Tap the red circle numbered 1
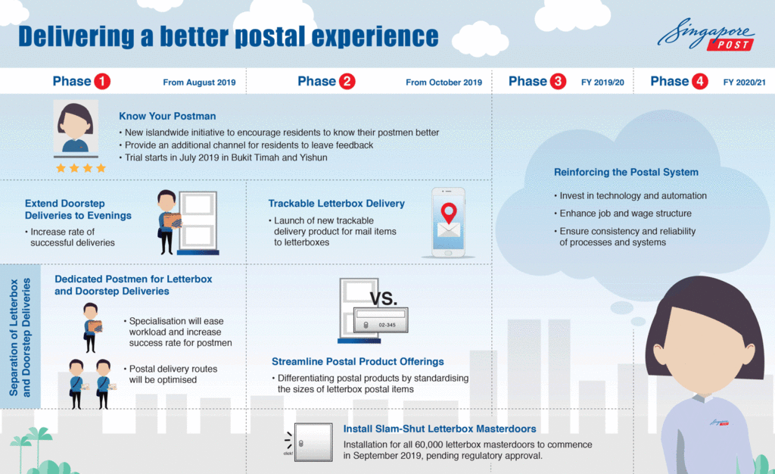[x=101, y=82]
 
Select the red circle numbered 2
[x=347, y=82]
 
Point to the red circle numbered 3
[x=558, y=82]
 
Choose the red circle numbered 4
[x=700, y=82]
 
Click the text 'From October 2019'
[x=444, y=83]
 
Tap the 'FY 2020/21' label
[x=744, y=83]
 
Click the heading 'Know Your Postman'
[x=167, y=117]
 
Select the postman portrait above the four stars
[x=76, y=127]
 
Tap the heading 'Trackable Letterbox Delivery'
[x=336, y=204]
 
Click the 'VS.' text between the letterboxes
[x=384, y=298]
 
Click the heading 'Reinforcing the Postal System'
[x=626, y=172]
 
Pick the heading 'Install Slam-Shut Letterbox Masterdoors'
[x=440, y=429]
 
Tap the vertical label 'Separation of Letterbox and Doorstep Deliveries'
[x=20, y=337]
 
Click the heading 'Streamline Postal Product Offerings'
[x=358, y=362]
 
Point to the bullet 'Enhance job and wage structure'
[x=625, y=214]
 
